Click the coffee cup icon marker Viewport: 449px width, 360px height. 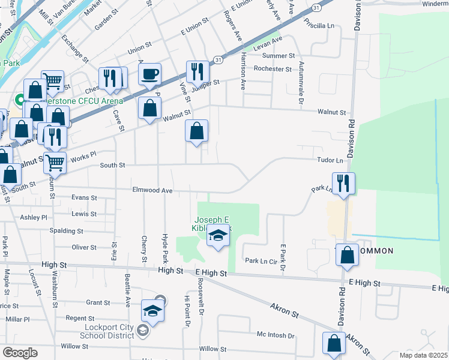coord(149,75)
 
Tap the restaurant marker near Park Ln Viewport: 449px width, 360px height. coord(343,183)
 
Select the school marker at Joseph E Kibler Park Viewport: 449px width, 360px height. coord(218,236)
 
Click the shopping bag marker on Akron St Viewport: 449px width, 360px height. coord(334,343)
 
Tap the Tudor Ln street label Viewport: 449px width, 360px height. coord(331,160)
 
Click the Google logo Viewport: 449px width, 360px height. coord(20,352)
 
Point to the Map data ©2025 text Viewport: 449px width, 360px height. coord(422,355)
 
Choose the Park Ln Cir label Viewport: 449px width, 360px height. coord(259,261)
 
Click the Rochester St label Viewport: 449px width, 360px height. coord(272,68)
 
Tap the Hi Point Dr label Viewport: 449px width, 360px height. coord(187,312)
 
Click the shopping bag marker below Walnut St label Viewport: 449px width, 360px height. coord(196,131)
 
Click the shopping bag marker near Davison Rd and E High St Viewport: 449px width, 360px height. coord(347,255)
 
